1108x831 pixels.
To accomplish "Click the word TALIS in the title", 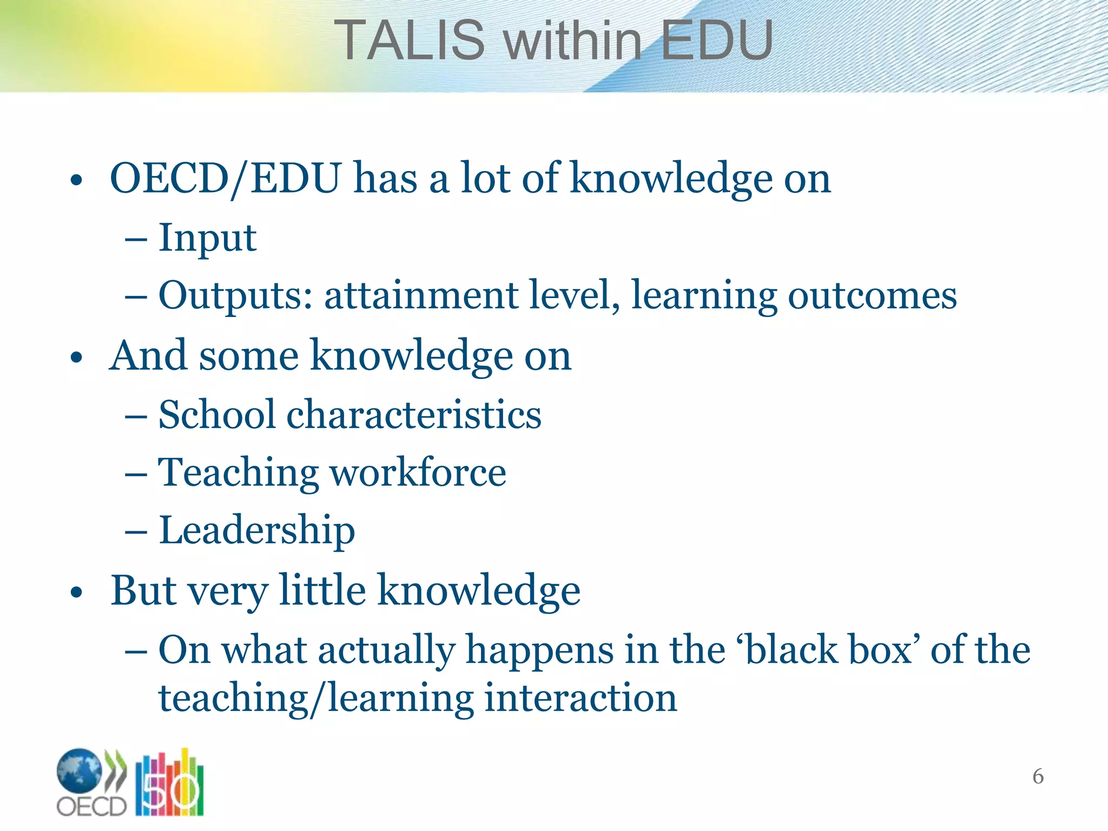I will (409, 41).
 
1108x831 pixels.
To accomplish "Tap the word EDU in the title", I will (716, 41).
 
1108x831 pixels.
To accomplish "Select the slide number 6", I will (1038, 776).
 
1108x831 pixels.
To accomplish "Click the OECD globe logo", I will (80, 770).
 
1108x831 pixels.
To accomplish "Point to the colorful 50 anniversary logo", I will (169, 783).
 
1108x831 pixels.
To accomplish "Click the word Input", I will (207, 238).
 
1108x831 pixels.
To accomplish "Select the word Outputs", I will (235, 296).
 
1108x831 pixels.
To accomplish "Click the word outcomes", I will (872, 296).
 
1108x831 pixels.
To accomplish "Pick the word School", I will (217, 414).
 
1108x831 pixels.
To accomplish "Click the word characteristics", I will (414, 414).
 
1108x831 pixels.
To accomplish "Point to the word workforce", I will (418, 472).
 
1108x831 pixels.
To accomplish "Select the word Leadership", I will (257, 531).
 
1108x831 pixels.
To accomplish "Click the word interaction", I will (581, 698).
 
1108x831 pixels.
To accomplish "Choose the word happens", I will (539, 650).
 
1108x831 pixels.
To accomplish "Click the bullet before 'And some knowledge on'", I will (76, 358).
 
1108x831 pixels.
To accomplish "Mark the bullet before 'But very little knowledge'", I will (76, 592).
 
